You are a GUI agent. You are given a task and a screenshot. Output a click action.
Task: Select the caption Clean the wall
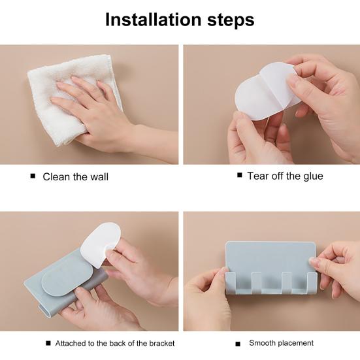[x=75, y=176]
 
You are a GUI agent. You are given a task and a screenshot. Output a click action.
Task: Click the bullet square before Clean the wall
[x=32, y=176]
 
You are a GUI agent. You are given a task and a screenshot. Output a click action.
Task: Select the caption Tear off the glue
[x=285, y=176]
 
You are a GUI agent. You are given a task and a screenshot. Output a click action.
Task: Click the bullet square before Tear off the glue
[x=240, y=175]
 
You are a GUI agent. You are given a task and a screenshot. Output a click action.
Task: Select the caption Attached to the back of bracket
[x=115, y=343]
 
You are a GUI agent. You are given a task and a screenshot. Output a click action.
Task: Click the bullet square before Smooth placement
[x=238, y=343]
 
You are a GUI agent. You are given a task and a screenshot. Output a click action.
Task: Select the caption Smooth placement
[x=281, y=343]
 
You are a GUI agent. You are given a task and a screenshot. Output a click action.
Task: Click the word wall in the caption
[x=99, y=176]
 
